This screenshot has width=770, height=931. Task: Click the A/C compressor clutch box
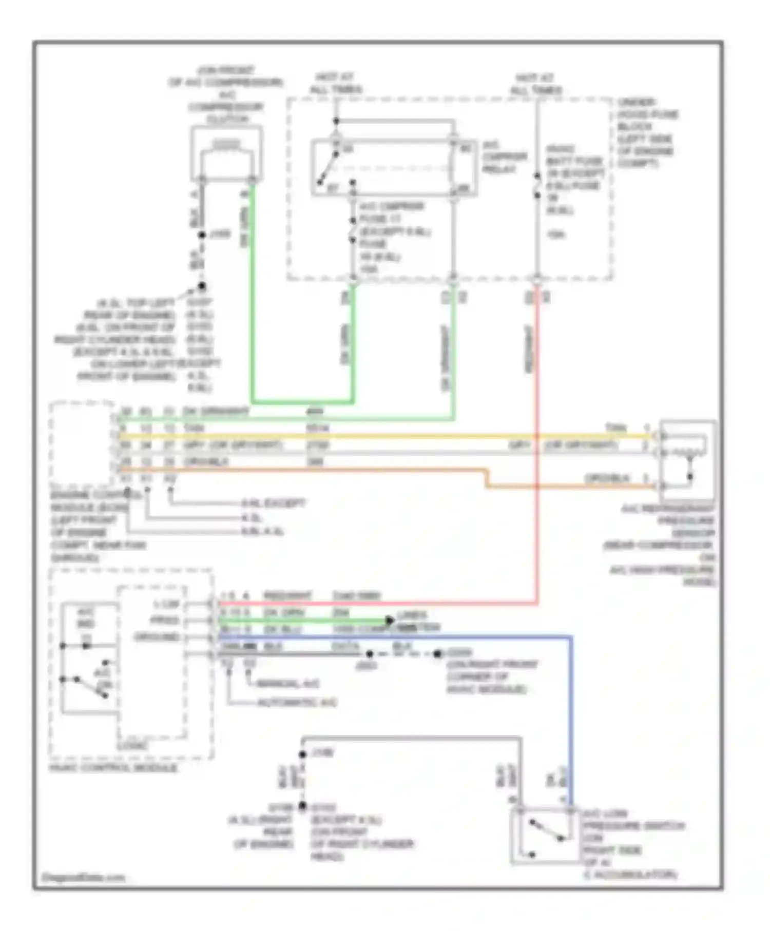pyautogui.click(x=226, y=153)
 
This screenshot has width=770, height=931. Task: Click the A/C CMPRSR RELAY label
pyautogui.click(x=504, y=157)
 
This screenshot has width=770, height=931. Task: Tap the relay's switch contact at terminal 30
pyautogui.click(x=329, y=165)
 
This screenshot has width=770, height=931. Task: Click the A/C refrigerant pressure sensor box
pyautogui.click(x=687, y=459)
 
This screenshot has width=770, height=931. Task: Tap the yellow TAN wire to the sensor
pyautogui.click(x=411, y=436)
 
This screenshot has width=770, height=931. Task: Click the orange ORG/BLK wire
pyautogui.click(x=308, y=470)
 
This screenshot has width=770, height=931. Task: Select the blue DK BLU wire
pyautogui.click(x=571, y=719)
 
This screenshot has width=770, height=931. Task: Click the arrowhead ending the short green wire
pyautogui.click(x=390, y=620)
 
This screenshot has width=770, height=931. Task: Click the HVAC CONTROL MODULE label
pyautogui.click(x=113, y=768)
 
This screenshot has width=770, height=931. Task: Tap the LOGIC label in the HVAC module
pyautogui.click(x=132, y=746)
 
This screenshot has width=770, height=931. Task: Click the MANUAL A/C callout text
pyautogui.click(x=287, y=684)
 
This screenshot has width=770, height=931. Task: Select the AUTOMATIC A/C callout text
pyautogui.click(x=297, y=702)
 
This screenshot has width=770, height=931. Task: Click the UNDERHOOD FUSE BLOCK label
pyautogui.click(x=647, y=132)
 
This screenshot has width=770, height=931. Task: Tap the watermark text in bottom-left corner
pyautogui.click(x=84, y=877)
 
